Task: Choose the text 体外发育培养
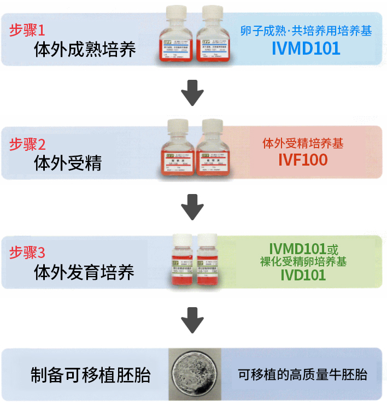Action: pos(84,272)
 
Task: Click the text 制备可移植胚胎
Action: pos(90,375)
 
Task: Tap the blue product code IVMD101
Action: pos(306,48)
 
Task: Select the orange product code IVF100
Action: pos(303,160)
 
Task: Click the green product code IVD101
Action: pos(303,274)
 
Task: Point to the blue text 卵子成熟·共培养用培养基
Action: pos(306,31)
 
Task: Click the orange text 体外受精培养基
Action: pos(303,144)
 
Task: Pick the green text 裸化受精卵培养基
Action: pos(303,261)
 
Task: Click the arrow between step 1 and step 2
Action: pos(192,93)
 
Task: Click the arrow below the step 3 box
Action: pos(192,320)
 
